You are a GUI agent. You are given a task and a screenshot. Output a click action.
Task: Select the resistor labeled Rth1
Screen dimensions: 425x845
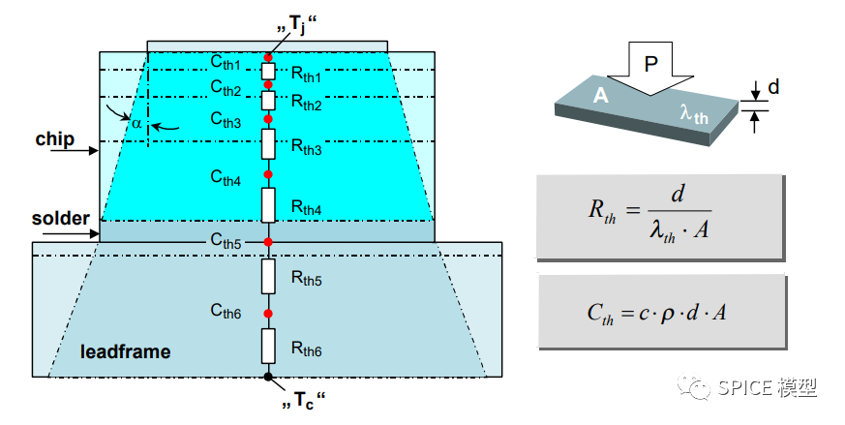[269, 72]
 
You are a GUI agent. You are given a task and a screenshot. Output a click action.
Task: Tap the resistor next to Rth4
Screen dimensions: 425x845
[269, 206]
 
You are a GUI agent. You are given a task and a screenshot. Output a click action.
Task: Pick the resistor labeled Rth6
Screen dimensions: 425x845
[269, 345]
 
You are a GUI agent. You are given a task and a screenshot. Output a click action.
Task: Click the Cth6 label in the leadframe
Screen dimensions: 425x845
[226, 310]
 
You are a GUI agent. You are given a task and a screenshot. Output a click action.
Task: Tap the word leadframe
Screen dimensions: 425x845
[125, 351]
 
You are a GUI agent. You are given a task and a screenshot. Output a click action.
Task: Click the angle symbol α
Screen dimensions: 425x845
[137, 122]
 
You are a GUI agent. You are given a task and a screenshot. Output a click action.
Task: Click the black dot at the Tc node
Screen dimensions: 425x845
[269, 375]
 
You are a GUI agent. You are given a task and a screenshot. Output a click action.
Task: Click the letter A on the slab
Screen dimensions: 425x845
[600, 96]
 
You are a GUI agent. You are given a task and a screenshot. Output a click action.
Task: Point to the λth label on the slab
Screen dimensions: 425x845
[694, 115]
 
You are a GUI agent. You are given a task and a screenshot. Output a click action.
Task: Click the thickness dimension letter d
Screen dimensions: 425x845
[773, 88]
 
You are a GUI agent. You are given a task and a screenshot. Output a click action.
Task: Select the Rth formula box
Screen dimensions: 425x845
[660, 217]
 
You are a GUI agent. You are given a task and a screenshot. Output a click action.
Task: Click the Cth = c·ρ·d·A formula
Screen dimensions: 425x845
[660, 311]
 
